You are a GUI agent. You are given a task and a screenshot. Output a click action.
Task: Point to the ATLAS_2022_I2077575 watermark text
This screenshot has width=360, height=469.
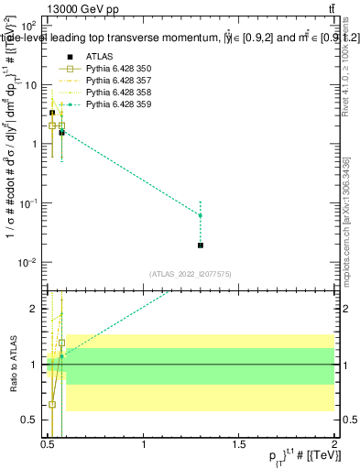tap(190, 274)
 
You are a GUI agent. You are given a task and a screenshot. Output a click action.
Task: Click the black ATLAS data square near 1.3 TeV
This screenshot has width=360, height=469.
tap(201, 245)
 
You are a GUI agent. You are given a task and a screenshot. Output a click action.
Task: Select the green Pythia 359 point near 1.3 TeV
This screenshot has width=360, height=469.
tap(201, 215)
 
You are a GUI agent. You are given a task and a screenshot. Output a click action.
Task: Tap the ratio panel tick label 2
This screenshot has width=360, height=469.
tap(34, 309)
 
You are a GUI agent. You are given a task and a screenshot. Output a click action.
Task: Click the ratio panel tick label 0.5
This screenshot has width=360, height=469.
tap(30, 420)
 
